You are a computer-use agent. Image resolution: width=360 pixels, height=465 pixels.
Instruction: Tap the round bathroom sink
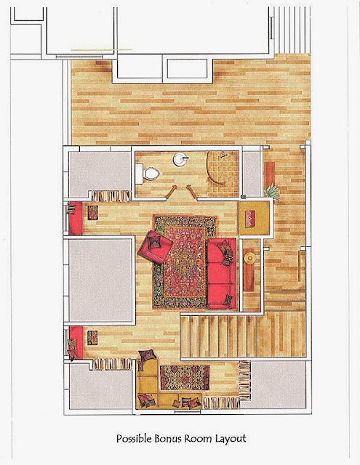180,159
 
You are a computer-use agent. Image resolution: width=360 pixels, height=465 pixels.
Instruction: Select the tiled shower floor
223,174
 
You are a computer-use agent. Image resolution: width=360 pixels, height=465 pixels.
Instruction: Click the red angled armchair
155,247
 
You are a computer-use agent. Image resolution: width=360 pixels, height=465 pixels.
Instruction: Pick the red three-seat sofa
222,273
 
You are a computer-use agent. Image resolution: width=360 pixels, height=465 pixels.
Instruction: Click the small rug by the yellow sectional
185,378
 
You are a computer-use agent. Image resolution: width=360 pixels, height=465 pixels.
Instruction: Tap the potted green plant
273,192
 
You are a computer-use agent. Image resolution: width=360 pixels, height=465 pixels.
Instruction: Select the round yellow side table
250,259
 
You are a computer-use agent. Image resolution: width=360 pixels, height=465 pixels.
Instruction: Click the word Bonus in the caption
168,438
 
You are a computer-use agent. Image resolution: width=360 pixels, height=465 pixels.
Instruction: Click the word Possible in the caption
134,439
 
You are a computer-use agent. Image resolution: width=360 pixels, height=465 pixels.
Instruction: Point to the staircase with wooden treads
243,336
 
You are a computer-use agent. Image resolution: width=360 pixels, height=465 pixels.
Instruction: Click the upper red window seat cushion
76,218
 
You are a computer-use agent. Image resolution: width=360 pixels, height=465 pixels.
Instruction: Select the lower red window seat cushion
76,342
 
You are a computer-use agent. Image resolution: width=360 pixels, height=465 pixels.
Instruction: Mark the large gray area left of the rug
100,280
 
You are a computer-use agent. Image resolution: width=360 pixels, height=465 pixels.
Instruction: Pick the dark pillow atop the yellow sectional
147,355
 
